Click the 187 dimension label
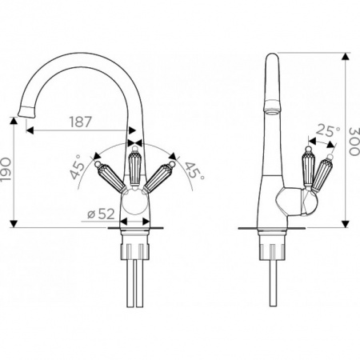point(81,122)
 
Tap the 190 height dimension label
point(6,170)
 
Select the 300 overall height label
point(354,142)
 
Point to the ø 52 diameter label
point(101,214)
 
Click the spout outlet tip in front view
point(26,111)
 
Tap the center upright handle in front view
point(134,167)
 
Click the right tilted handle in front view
point(159,176)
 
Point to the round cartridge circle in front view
point(135,202)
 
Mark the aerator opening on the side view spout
point(272,112)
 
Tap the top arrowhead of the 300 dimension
point(346,57)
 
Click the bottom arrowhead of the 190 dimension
point(14,223)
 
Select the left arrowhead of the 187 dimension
point(30,130)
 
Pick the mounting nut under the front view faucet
point(134,251)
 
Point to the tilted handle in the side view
point(321,174)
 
